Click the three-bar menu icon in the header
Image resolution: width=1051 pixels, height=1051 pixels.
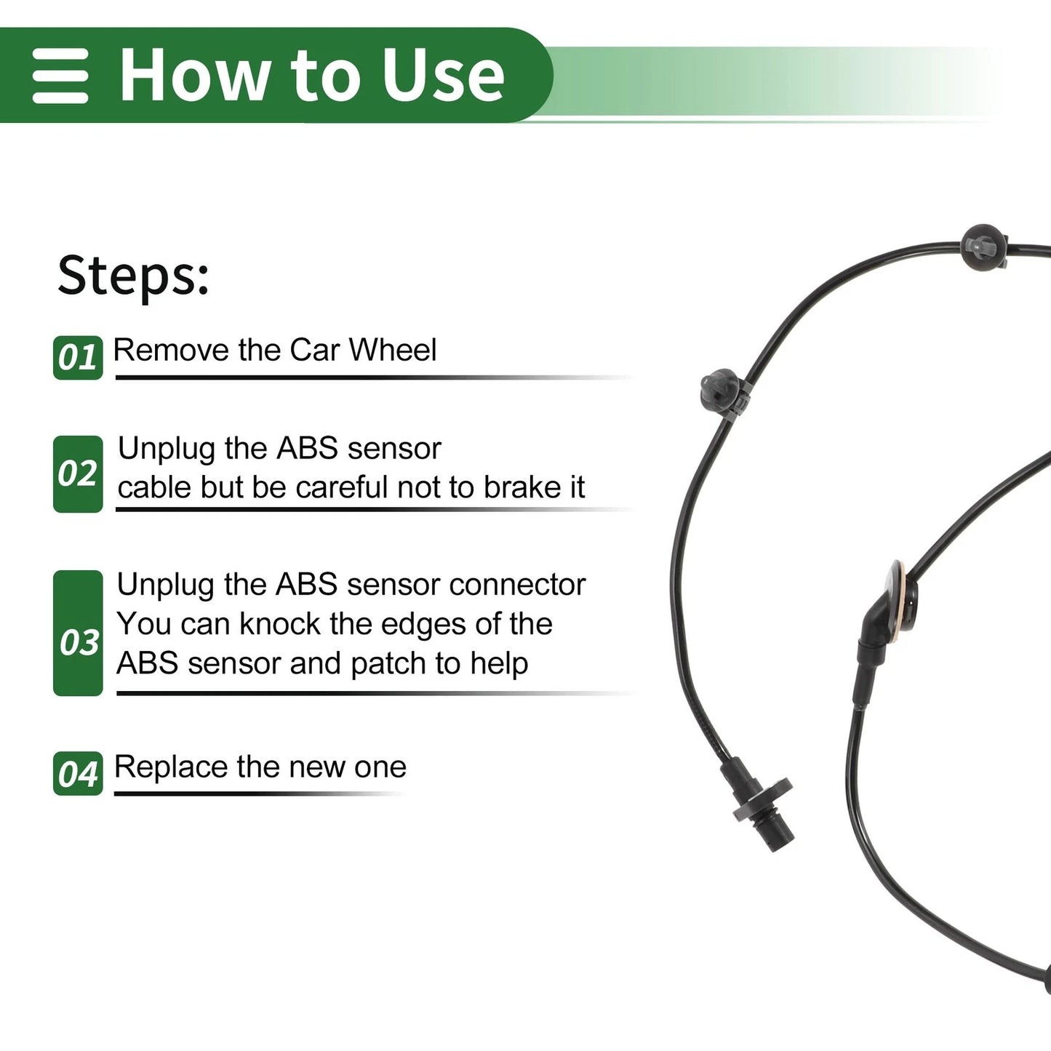point(60,76)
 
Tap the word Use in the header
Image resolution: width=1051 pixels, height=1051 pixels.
point(443,75)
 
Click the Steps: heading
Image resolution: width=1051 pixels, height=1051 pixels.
point(133,276)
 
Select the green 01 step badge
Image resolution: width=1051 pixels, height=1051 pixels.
point(78,358)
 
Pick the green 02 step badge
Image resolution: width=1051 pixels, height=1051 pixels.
point(78,474)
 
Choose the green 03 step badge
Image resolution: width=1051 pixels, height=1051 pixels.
point(78,633)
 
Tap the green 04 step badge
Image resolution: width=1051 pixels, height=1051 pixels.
point(78,773)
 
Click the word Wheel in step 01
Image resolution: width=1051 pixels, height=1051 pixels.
point(393,350)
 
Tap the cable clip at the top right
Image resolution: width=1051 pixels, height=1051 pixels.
point(984,247)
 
